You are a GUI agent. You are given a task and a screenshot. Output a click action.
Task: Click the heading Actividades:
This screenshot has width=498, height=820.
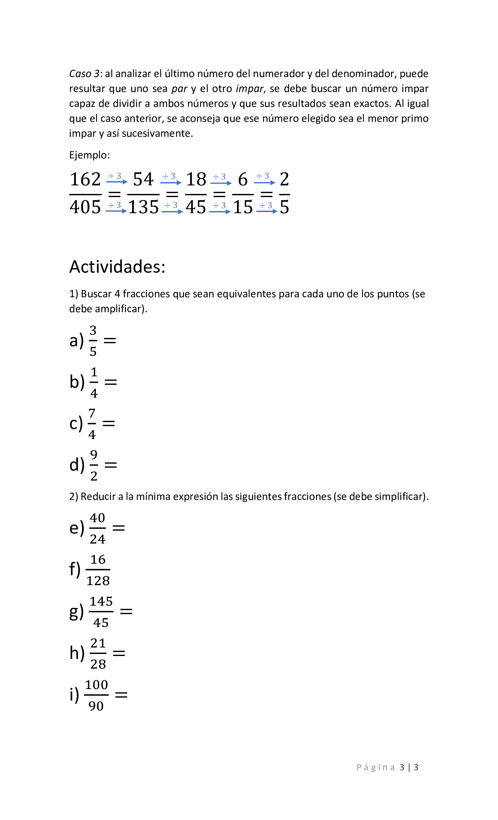point(117,266)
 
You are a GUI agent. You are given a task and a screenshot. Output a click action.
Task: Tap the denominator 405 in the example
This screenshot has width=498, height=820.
point(85,207)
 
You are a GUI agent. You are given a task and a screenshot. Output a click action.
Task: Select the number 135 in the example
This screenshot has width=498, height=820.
point(144,207)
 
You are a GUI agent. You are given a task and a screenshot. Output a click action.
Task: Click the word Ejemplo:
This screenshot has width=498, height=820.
point(89,155)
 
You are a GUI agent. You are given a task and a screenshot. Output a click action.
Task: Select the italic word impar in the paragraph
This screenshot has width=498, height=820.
point(249,88)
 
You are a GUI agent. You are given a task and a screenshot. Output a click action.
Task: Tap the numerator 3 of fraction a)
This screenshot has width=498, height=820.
point(93,330)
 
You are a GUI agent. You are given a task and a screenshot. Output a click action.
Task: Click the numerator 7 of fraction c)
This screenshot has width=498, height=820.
point(92,413)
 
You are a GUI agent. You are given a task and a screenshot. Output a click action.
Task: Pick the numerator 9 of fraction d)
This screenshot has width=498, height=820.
point(94,455)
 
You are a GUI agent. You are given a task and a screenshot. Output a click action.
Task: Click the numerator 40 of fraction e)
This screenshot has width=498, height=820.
point(98,518)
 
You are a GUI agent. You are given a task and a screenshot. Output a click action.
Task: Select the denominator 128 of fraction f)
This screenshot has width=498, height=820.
point(98,581)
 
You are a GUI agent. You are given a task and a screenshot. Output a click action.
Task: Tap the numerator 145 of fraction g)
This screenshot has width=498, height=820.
point(101,601)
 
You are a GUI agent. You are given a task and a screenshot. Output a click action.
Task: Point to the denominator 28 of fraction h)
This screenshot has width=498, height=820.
point(98,664)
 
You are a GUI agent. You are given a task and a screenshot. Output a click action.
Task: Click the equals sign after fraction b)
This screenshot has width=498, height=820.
point(111,382)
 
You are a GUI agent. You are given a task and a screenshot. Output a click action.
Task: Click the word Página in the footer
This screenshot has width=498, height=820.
point(376,767)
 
